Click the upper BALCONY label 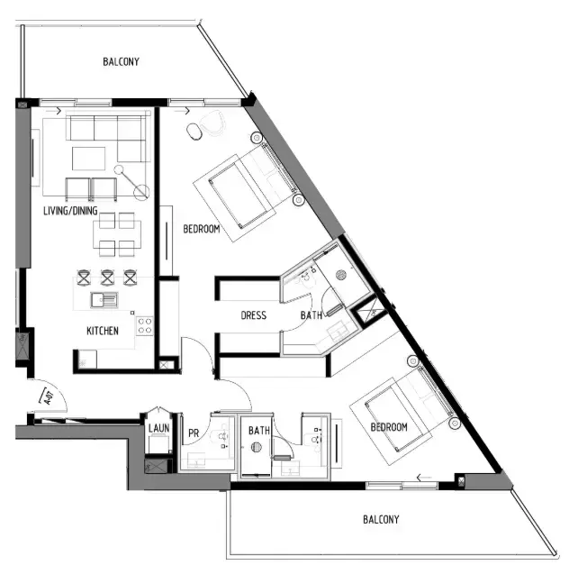[121, 61]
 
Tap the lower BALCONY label [381, 519]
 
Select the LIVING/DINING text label [70, 211]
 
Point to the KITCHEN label [103, 331]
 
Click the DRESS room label [253, 315]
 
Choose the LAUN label [158, 428]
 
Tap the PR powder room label [194, 433]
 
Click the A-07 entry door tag [49, 397]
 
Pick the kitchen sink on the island [104, 300]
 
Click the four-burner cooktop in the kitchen [144, 326]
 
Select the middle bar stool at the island [107, 278]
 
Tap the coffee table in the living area [88, 159]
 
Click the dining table [117, 234]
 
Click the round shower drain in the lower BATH [257, 447]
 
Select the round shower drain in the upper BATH [341, 275]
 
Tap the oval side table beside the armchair [194, 132]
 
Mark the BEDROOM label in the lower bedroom [389, 427]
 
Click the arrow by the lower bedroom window [424, 478]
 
